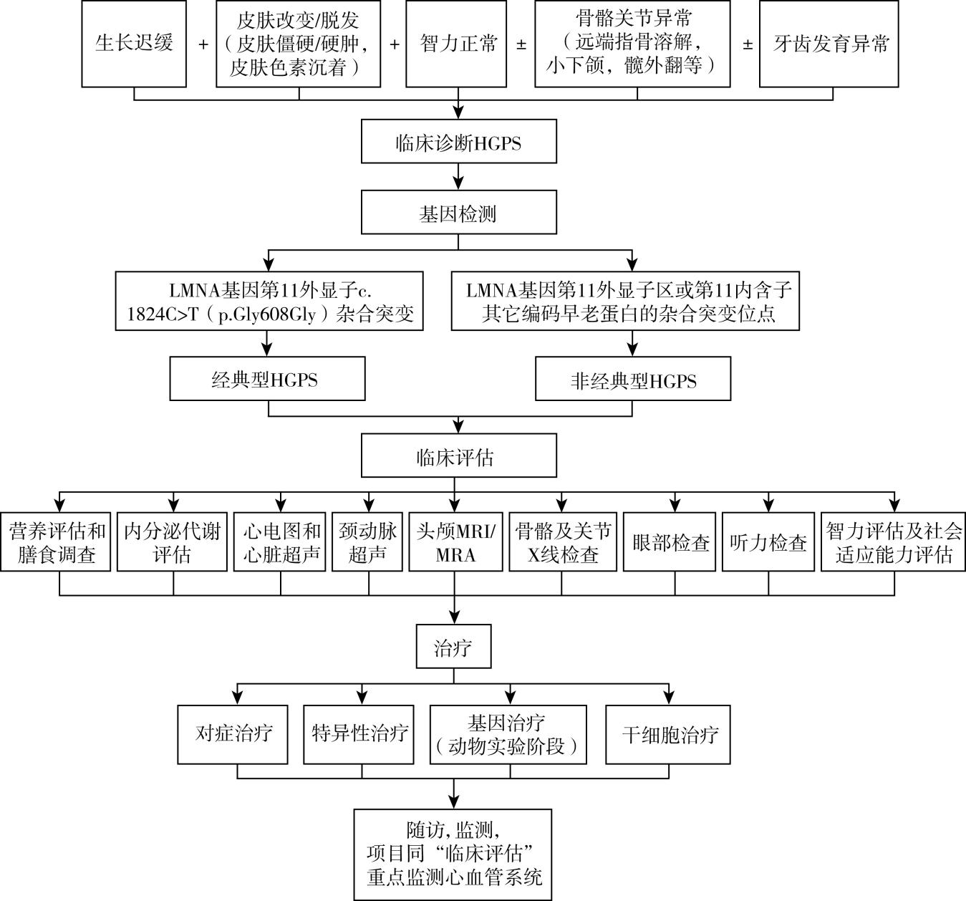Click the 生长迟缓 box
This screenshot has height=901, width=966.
click(134, 44)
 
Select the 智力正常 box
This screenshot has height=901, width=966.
click(458, 44)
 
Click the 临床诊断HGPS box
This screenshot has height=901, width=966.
click(458, 143)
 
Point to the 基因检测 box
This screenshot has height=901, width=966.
click(458, 213)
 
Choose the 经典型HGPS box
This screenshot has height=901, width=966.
click(267, 380)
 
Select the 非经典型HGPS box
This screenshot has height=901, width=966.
click(633, 380)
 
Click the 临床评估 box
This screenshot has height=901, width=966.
click(458, 457)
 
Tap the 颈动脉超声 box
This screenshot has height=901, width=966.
click(368, 542)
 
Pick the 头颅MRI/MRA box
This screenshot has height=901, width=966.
click(455, 542)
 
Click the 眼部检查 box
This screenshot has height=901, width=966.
click(669, 542)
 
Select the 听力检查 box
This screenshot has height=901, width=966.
click(768, 542)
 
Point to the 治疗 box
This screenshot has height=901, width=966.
click(453, 648)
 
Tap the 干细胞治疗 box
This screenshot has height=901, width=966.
click(669, 734)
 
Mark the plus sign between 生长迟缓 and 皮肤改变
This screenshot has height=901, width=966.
click(203, 44)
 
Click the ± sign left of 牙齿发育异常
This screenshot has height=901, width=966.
click(747, 44)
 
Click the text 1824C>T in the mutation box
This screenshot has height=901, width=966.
click(161, 314)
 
